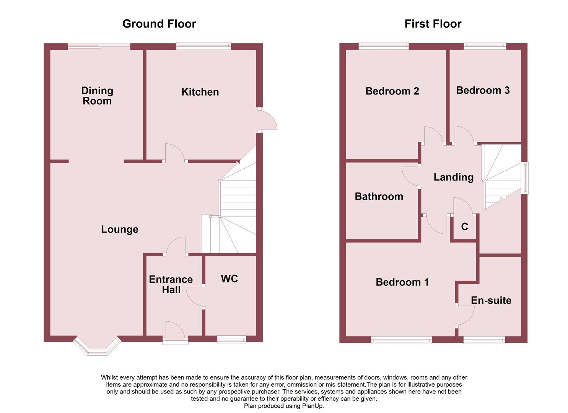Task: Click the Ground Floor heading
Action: [159, 24]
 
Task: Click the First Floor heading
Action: [433, 24]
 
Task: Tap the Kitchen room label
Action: [200, 92]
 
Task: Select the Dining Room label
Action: [97, 96]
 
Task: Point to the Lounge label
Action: [120, 229]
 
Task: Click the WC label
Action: [229, 279]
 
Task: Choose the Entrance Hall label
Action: [171, 285]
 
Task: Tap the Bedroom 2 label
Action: [392, 91]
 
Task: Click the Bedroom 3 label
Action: [483, 90]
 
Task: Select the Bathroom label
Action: [379, 197]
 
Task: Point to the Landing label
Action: [453, 177]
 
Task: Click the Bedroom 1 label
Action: [402, 282]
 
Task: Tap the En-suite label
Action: [491, 301]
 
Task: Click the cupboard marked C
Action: [465, 226]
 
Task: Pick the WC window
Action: [231, 340]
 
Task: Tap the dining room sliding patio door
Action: [99, 46]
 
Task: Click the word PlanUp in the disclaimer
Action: [312, 406]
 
